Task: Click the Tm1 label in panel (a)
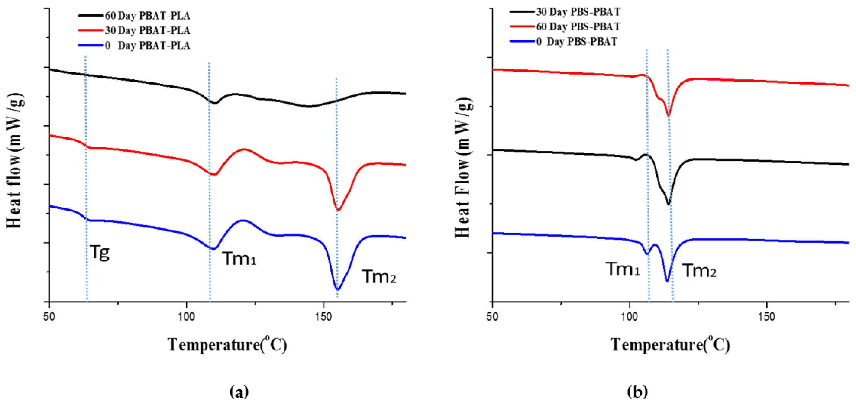coord(239,259)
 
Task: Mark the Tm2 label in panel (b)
coord(699,271)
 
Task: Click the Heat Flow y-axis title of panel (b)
coord(463,168)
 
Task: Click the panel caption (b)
coord(637,392)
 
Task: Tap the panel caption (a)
coord(239,392)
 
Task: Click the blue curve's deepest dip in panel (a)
coord(338,289)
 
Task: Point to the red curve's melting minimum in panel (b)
coord(669,115)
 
